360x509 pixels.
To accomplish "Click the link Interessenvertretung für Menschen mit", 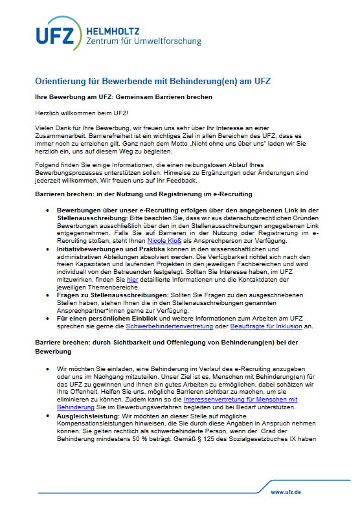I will [x=240, y=399].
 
